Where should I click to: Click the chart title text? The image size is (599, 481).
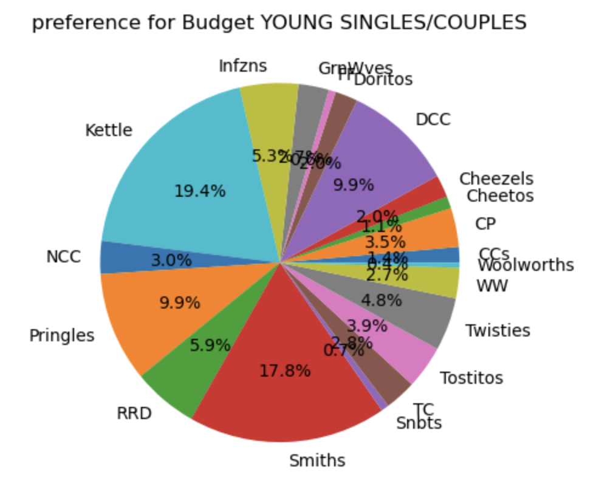pos(279,22)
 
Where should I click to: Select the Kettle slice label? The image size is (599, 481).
pos(109,130)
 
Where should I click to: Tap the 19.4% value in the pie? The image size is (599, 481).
pos(200,191)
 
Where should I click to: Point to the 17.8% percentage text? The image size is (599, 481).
pos(285,370)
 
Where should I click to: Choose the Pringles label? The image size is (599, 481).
pos(62,335)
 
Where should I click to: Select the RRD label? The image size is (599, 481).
pos(134,414)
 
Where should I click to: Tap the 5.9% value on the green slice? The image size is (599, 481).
pos(210,346)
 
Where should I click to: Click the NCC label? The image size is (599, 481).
pos(63,257)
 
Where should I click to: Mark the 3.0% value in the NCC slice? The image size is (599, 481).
pos(171,261)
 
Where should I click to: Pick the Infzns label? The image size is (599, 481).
pos(243,66)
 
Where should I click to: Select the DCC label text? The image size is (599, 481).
pos(433,120)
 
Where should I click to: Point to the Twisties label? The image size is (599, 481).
pos(498,331)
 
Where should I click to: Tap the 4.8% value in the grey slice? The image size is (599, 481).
pos(381,300)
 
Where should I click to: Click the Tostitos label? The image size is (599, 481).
pos(471,378)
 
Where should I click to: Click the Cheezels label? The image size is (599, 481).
pos(496,179)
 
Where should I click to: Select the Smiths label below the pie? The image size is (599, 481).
pos(317,461)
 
